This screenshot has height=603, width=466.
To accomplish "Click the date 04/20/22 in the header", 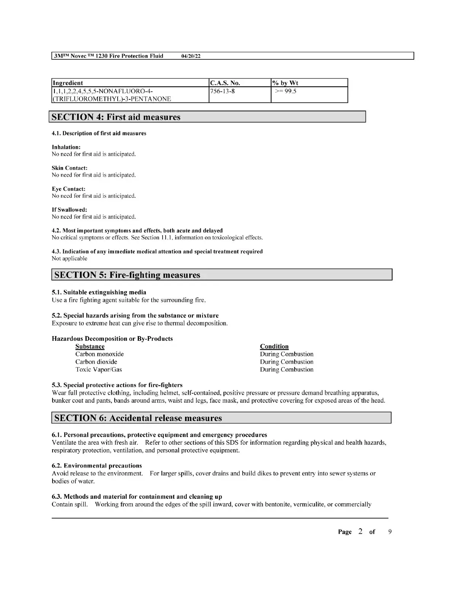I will point(191,56).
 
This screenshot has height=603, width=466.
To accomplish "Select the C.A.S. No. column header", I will point(225,83).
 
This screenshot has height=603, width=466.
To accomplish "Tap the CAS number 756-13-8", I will point(222,91).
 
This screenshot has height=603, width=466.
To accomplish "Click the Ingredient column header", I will point(68,83).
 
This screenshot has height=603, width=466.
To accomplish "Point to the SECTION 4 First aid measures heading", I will point(116,117).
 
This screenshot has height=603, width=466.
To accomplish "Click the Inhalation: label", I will point(66,147).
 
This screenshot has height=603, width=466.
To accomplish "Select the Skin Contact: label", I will point(69,168).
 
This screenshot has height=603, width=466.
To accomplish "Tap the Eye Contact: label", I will point(69,189).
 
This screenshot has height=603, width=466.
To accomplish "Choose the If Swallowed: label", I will point(69,210).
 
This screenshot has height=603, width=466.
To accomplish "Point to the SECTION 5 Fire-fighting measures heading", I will point(127,275).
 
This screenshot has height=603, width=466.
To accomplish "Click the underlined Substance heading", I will point(90,346).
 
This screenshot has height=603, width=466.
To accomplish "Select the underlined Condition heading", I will point(274,346).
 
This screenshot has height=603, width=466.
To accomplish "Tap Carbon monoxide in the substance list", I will point(99,354).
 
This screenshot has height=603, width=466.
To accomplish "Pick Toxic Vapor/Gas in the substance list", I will point(99,369).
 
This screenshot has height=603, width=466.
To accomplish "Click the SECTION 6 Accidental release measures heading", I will point(138,418).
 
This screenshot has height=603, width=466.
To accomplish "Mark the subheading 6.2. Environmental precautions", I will point(97,466).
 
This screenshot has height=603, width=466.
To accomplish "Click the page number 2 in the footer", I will point(360,531).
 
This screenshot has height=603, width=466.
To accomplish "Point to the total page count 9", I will point(390,532).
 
